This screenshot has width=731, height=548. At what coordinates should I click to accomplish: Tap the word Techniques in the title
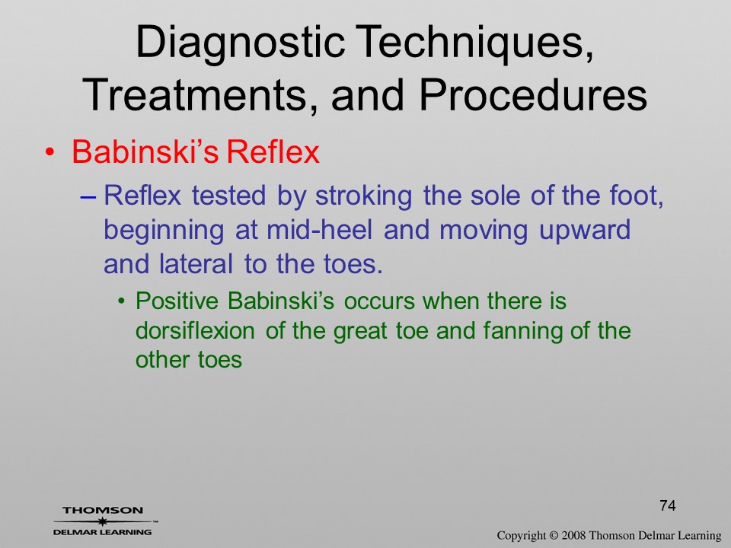pos(474,42)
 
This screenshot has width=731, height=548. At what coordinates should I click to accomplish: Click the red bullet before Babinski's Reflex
pos(50,152)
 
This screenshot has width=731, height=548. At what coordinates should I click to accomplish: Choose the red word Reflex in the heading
pos(273,151)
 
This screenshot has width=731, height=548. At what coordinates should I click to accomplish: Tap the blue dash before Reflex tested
pos(88,197)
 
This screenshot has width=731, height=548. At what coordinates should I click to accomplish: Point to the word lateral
pos(196,264)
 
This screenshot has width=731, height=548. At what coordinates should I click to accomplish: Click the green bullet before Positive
pos(122,301)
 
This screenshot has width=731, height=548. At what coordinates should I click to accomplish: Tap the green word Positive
pos(177,301)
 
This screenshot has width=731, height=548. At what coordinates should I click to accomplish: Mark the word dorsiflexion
pos(195,330)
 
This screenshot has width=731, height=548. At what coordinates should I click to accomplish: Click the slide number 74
pos(668,505)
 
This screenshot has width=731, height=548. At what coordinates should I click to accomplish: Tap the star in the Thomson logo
pos(102,521)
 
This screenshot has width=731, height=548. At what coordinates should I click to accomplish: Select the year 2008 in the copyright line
pos(573,535)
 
